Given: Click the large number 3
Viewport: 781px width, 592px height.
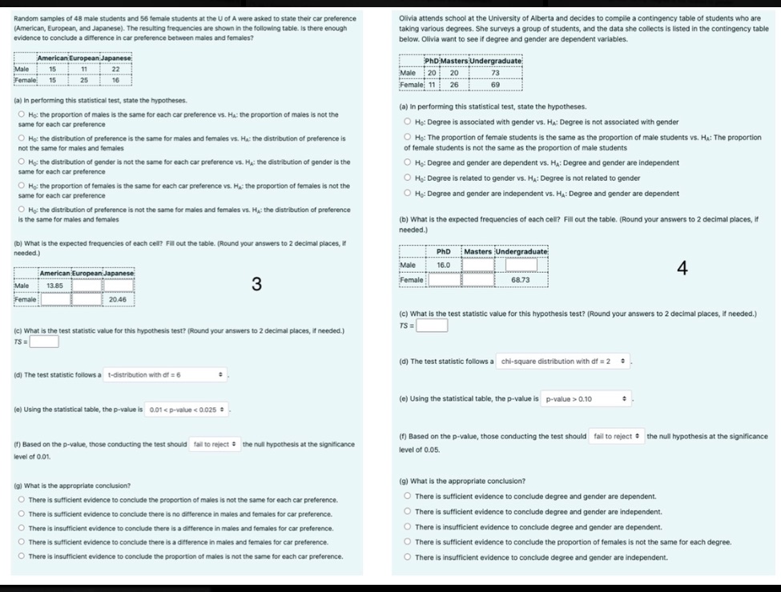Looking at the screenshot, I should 256,284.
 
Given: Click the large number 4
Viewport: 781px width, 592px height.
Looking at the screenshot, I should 682,268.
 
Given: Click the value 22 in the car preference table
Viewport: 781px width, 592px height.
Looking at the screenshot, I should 115,70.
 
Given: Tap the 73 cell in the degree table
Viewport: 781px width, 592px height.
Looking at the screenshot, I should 494,73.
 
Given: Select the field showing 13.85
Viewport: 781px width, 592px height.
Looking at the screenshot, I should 55,285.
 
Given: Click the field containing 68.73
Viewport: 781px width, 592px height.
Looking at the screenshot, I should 521,280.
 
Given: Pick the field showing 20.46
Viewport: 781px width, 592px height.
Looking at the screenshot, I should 118,299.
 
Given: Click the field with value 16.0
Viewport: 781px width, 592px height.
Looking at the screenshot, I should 444,265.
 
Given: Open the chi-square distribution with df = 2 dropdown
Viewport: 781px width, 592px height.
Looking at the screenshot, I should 564,362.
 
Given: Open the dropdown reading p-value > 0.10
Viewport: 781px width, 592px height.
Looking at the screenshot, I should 586,398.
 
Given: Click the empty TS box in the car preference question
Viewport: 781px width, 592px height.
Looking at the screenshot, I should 44,342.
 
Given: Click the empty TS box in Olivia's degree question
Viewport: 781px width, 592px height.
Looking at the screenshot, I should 431,326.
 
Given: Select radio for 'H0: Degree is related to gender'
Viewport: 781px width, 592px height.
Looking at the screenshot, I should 407,178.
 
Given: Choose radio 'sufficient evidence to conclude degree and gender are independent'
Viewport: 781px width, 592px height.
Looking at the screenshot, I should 407,512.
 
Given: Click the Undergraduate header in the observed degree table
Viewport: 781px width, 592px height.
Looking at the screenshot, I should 495,61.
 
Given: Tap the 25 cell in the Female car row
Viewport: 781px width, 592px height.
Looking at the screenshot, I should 83,80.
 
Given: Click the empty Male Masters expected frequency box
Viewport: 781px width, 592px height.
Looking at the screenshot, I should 478,265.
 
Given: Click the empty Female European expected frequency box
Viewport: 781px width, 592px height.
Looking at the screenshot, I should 87,299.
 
